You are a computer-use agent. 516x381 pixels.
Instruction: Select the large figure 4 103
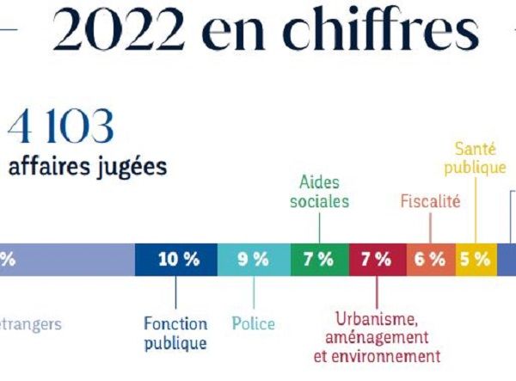pyautogui.click(x=60, y=128)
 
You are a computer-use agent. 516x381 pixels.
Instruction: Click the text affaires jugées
pyautogui.click(x=87, y=166)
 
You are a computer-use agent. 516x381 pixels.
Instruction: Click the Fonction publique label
pyautogui.click(x=175, y=334)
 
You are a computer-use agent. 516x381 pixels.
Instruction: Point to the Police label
pyautogui.click(x=254, y=324)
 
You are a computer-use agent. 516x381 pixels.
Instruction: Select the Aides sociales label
pyautogui.click(x=320, y=192)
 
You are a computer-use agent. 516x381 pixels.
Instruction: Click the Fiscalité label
pyautogui.click(x=430, y=202)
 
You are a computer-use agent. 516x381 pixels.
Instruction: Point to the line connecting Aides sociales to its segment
pyautogui.click(x=320, y=228)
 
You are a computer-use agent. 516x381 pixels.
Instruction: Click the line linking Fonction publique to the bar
pyautogui.click(x=175, y=294)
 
